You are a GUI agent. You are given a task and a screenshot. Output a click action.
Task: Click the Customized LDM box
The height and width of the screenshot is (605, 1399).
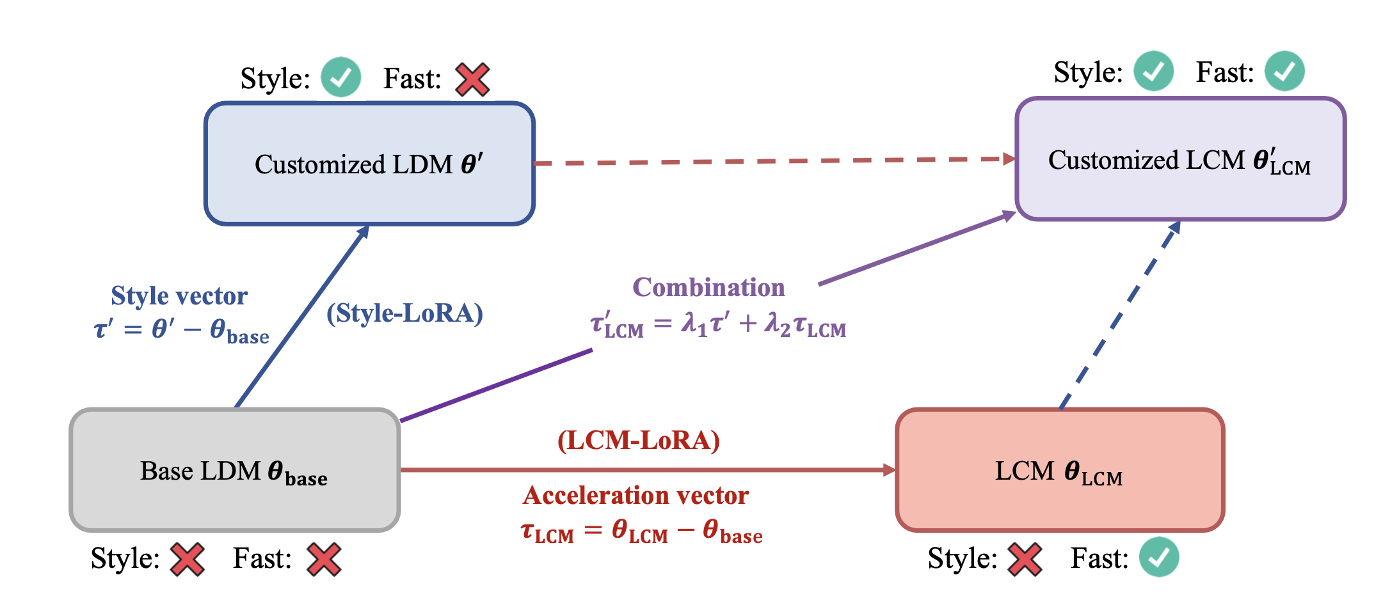pos(369,164)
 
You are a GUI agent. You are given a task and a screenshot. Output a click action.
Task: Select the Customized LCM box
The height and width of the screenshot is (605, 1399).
pos(1180,159)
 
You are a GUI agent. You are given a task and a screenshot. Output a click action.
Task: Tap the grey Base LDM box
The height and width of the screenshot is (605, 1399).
pos(235,471)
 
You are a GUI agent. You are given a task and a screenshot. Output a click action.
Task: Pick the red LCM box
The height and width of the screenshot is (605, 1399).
pos(1060,471)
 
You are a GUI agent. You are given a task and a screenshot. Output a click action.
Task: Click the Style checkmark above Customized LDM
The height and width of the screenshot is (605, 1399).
pos(340,77)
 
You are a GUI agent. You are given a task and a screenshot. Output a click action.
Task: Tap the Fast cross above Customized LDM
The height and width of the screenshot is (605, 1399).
pos(472,79)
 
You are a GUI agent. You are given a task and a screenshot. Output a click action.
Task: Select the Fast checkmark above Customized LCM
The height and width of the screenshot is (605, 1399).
pos(1284,71)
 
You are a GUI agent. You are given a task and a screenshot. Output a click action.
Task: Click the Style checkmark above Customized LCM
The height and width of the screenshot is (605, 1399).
pos(1153,71)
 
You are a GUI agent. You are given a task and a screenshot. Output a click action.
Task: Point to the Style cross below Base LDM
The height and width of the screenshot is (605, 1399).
pos(187,559)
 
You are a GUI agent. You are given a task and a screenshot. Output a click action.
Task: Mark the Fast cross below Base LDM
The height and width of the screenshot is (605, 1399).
pos(324,559)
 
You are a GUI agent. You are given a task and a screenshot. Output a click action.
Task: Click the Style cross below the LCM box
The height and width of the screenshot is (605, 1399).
pos(1025,559)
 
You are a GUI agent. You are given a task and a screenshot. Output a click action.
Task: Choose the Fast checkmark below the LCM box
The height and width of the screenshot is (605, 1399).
pos(1159,558)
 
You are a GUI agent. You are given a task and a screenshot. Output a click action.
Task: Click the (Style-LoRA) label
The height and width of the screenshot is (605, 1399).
pos(404,313)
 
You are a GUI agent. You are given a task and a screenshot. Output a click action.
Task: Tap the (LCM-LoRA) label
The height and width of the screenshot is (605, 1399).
pos(638,441)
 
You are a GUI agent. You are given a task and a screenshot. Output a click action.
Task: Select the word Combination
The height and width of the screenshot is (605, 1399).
pos(708,288)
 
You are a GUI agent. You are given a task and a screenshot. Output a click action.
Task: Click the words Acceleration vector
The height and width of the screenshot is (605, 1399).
pos(636,496)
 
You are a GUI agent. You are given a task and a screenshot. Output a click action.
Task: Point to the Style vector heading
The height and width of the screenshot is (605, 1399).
pos(179,295)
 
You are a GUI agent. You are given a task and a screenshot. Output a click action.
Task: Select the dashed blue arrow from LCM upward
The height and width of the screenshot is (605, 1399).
pos(1120,313)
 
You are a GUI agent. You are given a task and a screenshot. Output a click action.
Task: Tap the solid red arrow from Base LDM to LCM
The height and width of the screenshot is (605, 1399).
pos(646,470)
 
